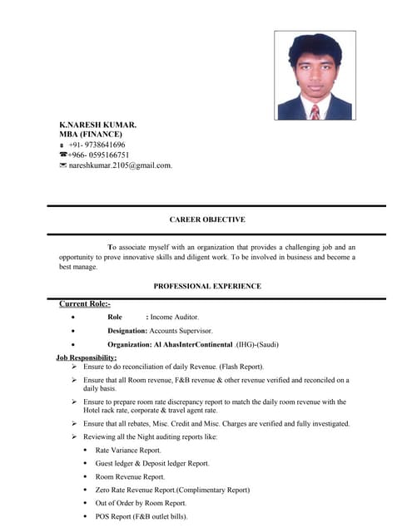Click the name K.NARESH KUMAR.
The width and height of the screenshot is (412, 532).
point(97,125)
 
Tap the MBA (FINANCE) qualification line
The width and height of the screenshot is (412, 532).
point(90,134)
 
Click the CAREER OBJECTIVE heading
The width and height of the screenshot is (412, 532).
point(207,219)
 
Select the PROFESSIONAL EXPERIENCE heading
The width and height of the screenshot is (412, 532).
point(207,286)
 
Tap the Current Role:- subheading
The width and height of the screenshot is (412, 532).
point(84,303)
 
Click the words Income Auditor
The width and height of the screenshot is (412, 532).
point(175,317)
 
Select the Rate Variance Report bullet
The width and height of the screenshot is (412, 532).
point(134,450)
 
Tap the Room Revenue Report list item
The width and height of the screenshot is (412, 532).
point(130,476)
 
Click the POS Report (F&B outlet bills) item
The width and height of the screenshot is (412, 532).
point(141,516)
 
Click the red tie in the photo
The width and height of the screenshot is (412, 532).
point(315,111)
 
